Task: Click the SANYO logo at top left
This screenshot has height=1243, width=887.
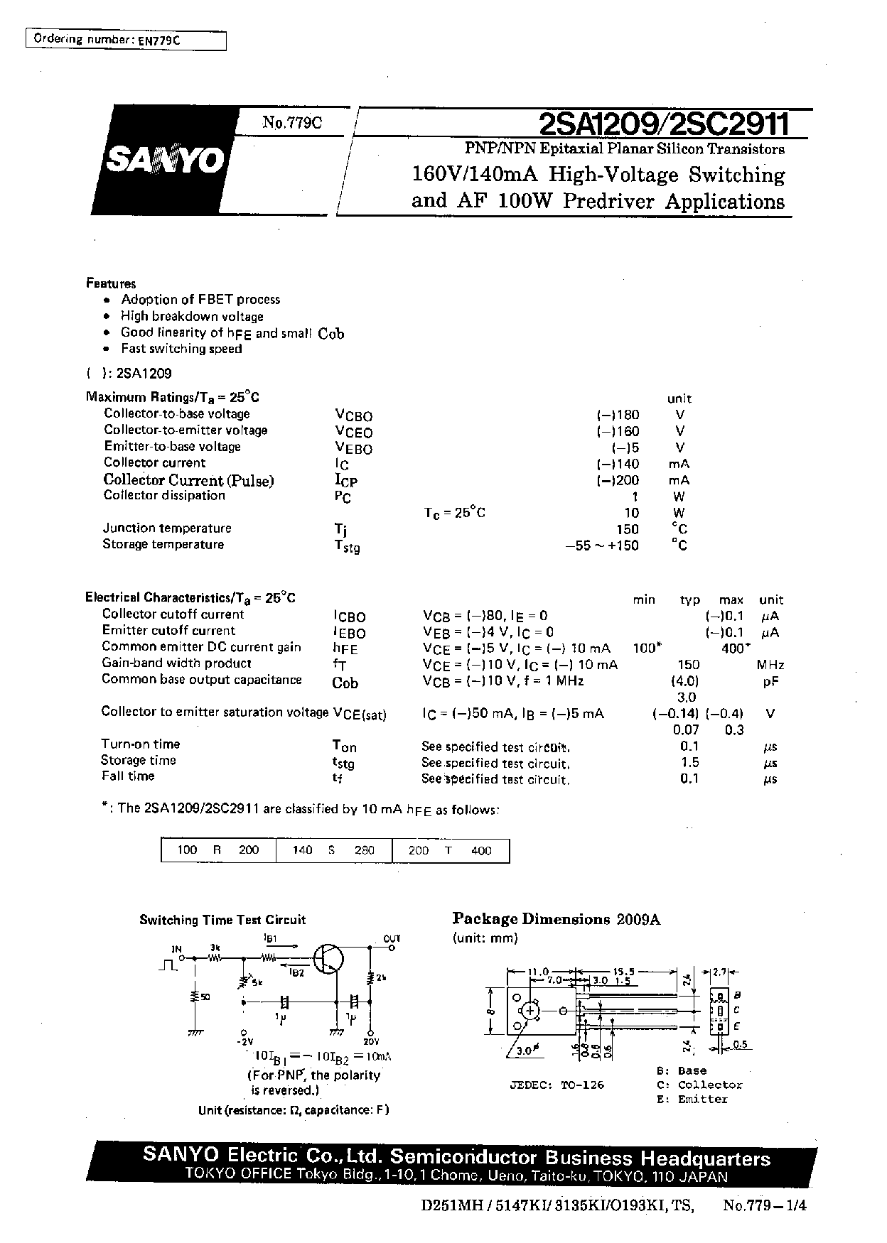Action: (x=165, y=161)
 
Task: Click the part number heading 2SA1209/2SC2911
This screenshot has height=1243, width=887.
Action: (x=665, y=125)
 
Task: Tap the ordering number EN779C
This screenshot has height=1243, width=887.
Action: (x=160, y=40)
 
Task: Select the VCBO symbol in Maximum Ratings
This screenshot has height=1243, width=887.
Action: (x=353, y=416)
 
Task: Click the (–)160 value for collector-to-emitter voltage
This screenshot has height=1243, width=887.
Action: (x=618, y=431)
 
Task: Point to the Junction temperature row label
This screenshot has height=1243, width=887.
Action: (x=167, y=528)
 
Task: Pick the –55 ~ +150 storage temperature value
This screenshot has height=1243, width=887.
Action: (x=601, y=545)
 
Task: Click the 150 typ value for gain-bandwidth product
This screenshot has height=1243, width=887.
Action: (x=688, y=665)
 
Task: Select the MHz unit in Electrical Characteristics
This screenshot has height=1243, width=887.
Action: (x=770, y=665)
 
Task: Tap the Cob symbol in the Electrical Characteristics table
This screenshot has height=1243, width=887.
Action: (x=345, y=683)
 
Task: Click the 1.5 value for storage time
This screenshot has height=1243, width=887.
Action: (x=689, y=762)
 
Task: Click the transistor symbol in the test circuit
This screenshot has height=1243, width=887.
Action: (x=329, y=958)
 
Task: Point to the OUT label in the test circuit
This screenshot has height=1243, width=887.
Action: (x=392, y=938)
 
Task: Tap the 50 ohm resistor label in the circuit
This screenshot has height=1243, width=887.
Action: (x=205, y=997)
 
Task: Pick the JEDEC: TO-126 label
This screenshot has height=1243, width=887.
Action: (x=557, y=1085)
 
